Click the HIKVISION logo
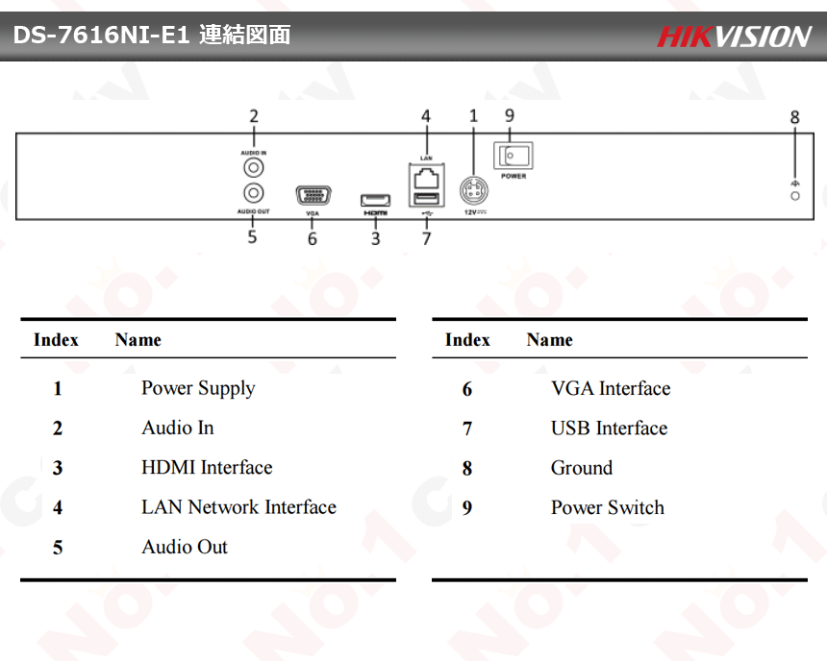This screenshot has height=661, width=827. [734, 37]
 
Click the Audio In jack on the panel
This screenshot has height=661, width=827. [254, 167]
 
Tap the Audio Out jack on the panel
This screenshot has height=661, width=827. [254, 192]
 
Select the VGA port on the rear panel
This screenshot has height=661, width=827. [312, 196]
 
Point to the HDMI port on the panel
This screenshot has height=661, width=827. [375, 200]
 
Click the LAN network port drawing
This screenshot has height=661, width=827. [426, 177]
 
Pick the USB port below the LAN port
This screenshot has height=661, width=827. [426, 199]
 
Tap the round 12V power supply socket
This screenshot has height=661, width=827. [473, 187]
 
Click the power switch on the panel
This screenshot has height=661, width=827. [513, 156]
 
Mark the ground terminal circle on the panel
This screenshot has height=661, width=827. [795, 196]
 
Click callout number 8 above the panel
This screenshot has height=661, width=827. [794, 117]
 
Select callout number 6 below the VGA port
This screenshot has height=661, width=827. [313, 238]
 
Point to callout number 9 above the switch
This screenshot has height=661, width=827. [510, 115]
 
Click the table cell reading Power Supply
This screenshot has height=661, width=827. [198, 388]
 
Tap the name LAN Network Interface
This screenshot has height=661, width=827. [238, 507]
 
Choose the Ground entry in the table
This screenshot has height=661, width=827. [581, 468]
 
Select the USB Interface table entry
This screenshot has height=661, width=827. [609, 428]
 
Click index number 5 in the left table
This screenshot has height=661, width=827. [58, 548]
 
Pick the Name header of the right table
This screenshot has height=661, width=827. [549, 340]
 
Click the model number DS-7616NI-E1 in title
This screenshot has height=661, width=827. [100, 36]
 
